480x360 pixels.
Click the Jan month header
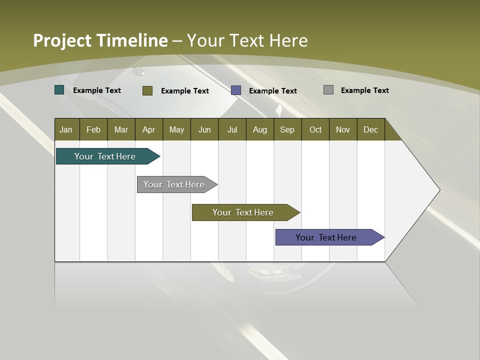pyautogui.click(x=66, y=129)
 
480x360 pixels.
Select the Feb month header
pyautogui.click(x=93, y=129)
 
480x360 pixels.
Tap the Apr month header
pyautogui.click(x=148, y=129)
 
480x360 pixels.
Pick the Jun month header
pyautogui.click(x=204, y=129)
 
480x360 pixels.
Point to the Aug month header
pyautogui.click(x=259, y=129)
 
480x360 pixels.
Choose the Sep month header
pyautogui.click(x=287, y=129)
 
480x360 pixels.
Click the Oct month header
pyautogui.click(x=315, y=129)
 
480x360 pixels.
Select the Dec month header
pyautogui.click(x=370, y=129)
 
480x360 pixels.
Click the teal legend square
pyautogui.click(x=59, y=90)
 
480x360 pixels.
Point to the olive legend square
pyautogui.click(x=147, y=90)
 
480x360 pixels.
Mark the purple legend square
pyautogui.click(x=236, y=90)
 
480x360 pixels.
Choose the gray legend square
pyautogui.click(x=328, y=90)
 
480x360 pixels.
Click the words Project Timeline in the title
pyautogui.click(x=100, y=40)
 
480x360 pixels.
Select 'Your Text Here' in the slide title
pyautogui.click(x=247, y=40)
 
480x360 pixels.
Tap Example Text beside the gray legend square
pyautogui.click(x=364, y=90)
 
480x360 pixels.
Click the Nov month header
pyautogui.click(x=343, y=129)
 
